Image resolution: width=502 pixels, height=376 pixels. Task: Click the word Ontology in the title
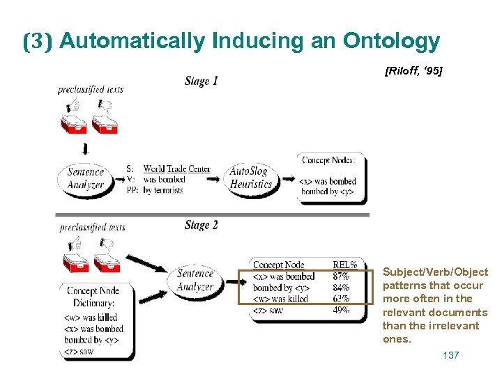click(391, 42)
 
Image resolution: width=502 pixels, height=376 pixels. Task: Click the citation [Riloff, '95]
click(413, 71)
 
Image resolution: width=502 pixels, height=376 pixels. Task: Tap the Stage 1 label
click(201, 81)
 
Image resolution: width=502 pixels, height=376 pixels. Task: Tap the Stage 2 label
click(201, 225)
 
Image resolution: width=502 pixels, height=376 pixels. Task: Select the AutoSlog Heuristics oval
click(251, 178)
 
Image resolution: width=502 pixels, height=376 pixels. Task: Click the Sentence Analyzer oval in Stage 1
click(86, 178)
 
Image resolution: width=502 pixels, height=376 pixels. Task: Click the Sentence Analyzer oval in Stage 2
click(196, 280)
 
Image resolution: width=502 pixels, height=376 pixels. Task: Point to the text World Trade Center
click(177, 169)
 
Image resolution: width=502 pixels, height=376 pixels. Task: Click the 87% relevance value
click(342, 276)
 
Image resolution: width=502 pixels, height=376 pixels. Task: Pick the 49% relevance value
click(342, 311)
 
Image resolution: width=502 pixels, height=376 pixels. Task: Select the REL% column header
click(345, 265)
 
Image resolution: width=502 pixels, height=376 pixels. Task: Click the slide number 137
click(451, 356)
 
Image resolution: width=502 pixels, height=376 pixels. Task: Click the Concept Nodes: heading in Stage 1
click(328, 159)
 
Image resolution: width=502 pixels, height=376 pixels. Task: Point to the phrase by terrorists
click(163, 189)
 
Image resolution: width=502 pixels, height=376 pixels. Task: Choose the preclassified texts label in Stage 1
click(91, 89)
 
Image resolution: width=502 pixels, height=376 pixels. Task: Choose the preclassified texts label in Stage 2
click(93, 227)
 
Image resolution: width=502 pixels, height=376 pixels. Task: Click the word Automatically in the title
click(133, 42)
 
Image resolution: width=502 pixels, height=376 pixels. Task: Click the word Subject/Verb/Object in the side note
click(435, 272)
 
